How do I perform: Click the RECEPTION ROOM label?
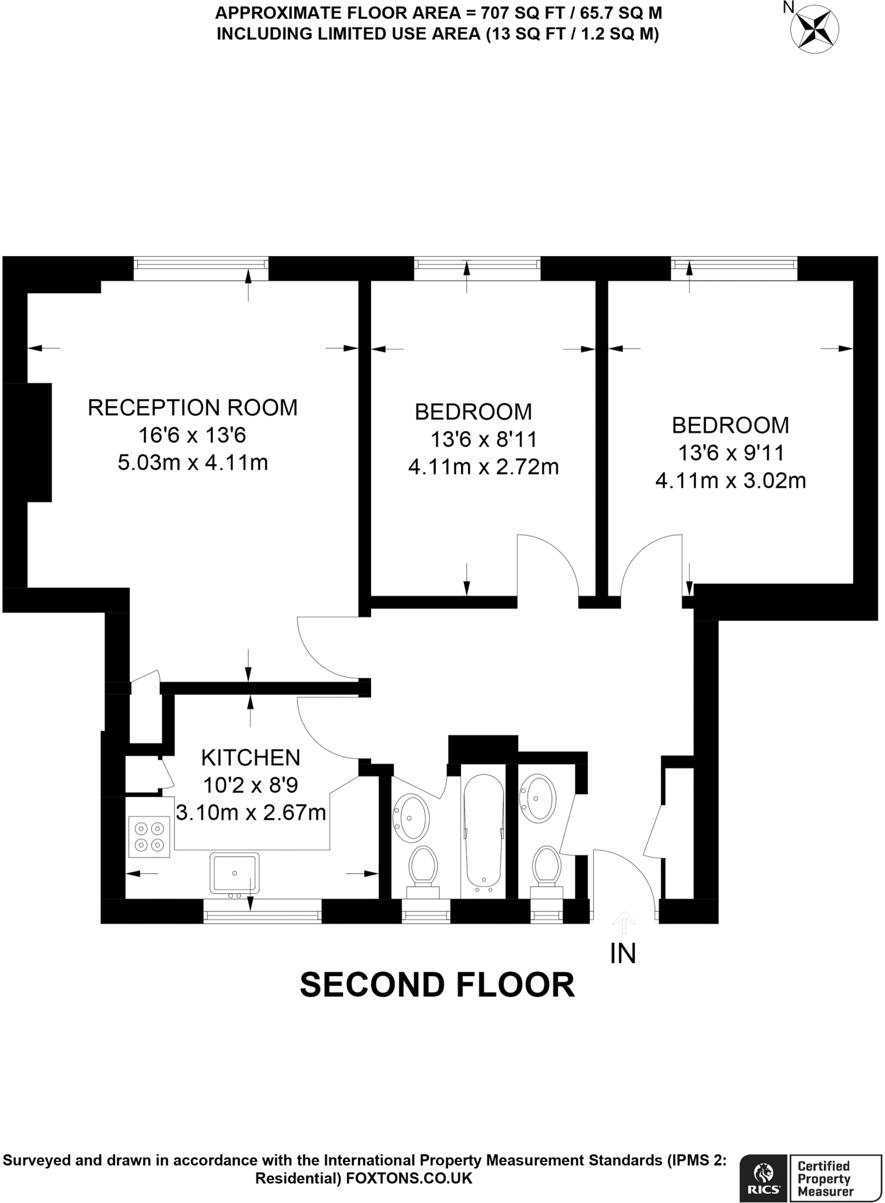pos(193,408)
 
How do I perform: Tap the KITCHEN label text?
pos(251,758)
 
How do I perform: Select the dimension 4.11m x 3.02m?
pos(731,481)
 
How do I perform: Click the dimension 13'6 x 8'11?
pos(483,439)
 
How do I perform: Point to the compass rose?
pos(815,29)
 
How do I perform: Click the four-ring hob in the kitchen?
pos(149,837)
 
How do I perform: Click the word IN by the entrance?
pos(623,954)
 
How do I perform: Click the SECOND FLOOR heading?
pos(438,985)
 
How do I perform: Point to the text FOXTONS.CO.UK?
pos(409,1178)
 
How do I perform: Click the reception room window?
pos(201,268)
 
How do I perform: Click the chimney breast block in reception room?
pos(28,442)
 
